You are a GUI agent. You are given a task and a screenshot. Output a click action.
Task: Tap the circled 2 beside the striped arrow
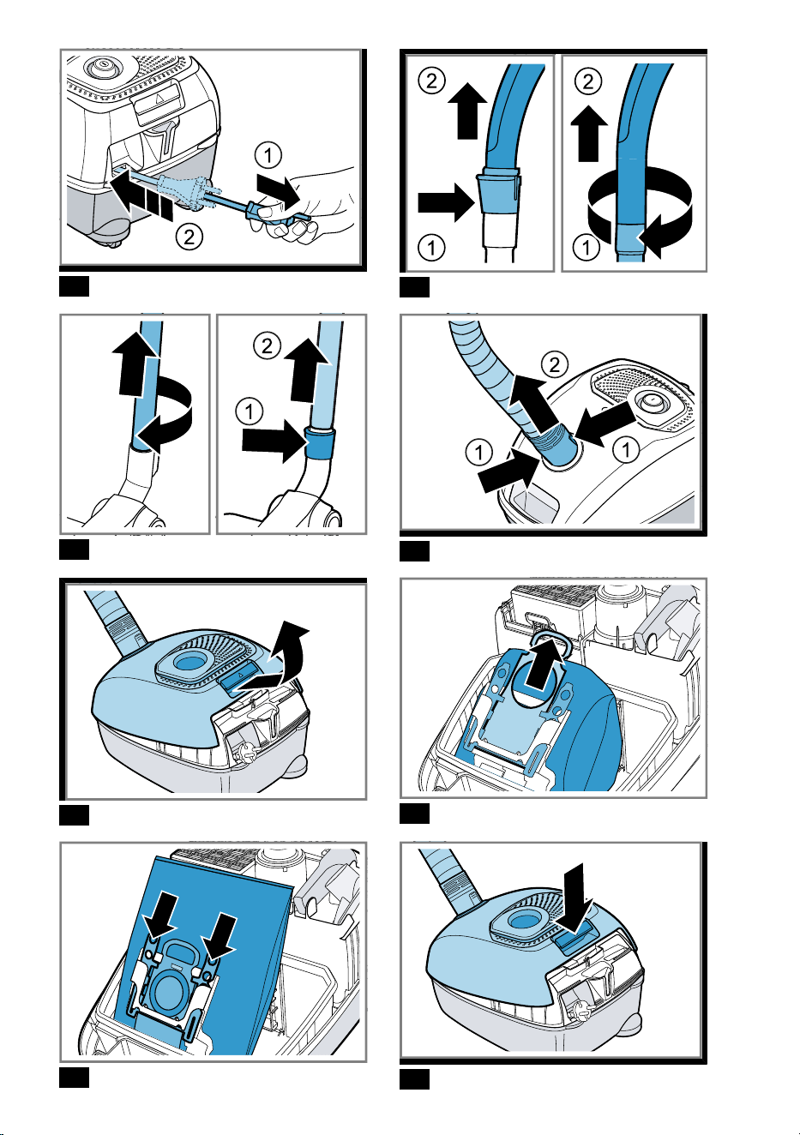click(x=189, y=237)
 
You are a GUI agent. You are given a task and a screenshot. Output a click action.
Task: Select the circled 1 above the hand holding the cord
click(x=268, y=155)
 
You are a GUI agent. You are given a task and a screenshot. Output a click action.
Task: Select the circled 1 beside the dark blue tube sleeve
click(x=249, y=411)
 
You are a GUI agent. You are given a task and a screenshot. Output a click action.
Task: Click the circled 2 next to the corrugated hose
click(x=554, y=364)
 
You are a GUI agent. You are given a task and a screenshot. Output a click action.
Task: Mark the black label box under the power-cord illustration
click(x=74, y=286)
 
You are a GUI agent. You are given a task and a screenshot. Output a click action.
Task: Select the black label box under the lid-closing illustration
click(x=414, y=1078)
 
